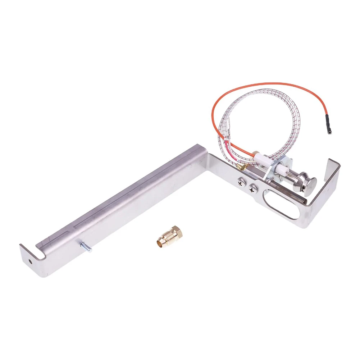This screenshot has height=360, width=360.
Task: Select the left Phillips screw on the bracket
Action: tap(240, 183)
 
